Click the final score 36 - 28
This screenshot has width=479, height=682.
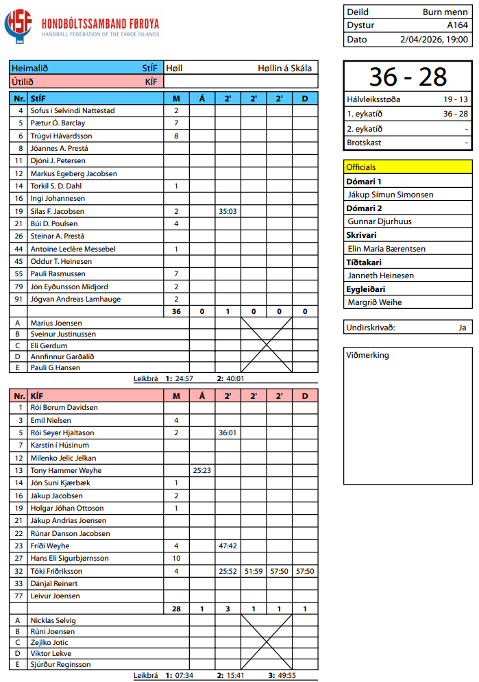click(408, 77)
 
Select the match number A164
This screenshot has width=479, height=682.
click(457, 25)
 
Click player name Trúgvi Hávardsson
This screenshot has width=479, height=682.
click(61, 136)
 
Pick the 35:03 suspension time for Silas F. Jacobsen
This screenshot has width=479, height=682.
click(228, 211)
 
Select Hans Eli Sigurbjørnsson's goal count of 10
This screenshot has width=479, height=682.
click(176, 559)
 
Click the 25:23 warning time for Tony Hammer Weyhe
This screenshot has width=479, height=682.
click(201, 471)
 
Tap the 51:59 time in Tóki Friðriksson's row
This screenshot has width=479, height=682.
click(254, 571)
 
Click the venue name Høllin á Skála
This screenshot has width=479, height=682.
click(284, 68)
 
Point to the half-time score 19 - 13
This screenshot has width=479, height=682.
click(456, 99)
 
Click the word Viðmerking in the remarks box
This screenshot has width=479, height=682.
click(368, 355)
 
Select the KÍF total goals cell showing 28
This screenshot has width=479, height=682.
click(176, 609)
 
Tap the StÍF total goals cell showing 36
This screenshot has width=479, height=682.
click(176, 312)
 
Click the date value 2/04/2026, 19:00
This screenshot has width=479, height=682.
click(434, 39)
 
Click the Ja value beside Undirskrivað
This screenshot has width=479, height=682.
click(463, 328)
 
